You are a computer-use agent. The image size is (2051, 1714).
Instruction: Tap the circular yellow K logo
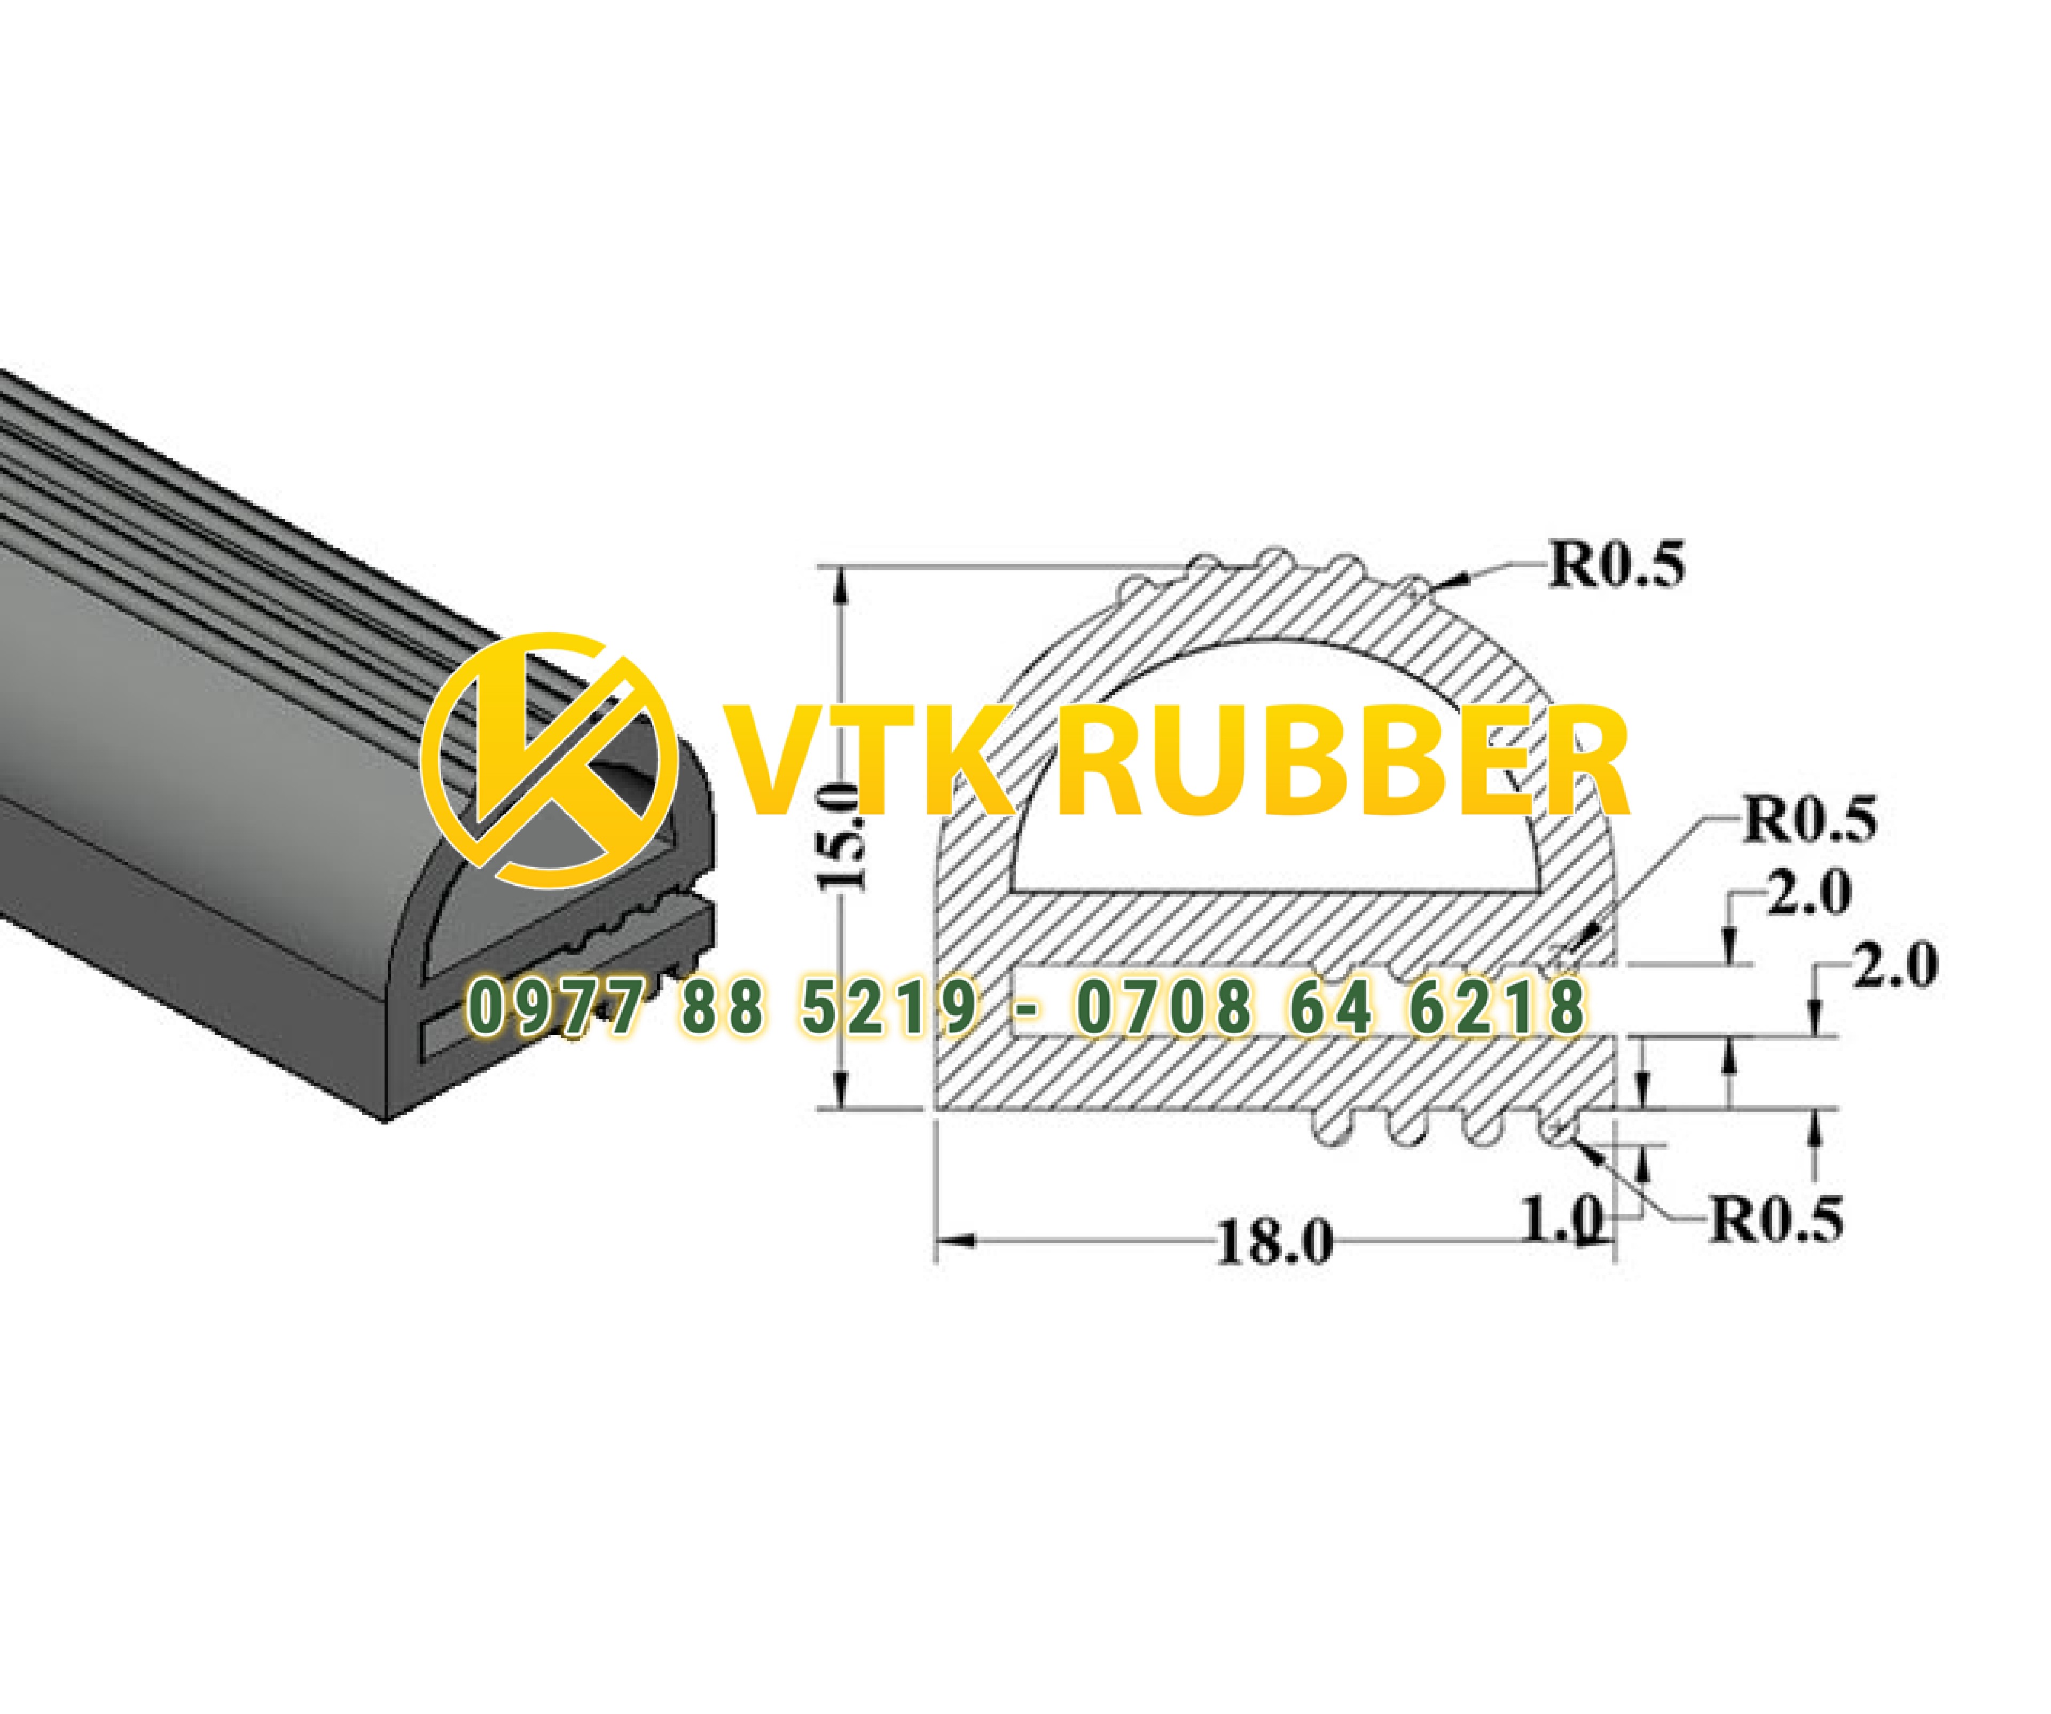coord(549,760)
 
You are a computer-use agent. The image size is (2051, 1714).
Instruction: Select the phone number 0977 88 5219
coord(721,1008)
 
